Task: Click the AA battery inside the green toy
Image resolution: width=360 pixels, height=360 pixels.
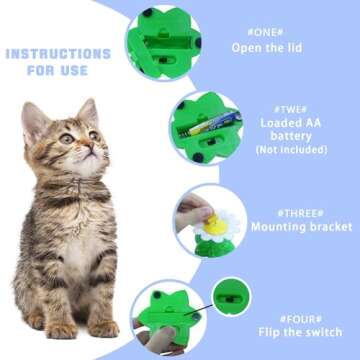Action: (x=213, y=127)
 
